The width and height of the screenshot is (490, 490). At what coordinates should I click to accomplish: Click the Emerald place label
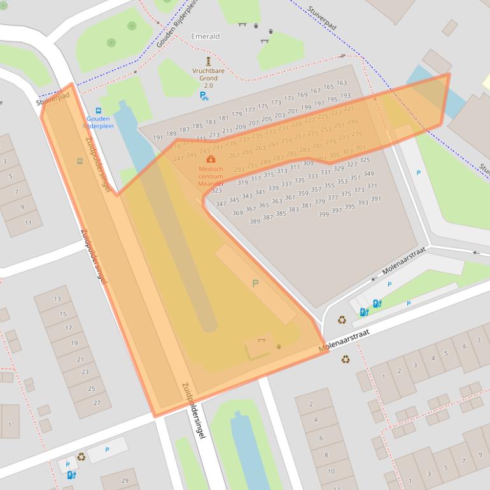205,36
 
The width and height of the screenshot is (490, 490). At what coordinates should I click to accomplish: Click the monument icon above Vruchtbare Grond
207,61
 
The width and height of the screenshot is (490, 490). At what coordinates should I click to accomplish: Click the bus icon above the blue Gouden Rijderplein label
98,110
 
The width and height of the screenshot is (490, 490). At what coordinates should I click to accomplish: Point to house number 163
342,83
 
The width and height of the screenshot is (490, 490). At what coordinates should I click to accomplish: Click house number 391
375,199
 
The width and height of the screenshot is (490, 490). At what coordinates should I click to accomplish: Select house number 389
255,221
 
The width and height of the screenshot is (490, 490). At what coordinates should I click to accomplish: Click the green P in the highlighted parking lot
255,283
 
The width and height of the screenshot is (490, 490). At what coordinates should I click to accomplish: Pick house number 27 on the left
97,403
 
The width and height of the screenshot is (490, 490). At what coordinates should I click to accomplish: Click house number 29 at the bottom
124,480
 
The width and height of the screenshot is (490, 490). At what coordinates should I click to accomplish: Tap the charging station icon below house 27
71,475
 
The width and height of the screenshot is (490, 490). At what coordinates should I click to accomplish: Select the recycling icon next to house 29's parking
81,456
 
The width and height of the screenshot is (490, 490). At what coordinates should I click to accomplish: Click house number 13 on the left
57,299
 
